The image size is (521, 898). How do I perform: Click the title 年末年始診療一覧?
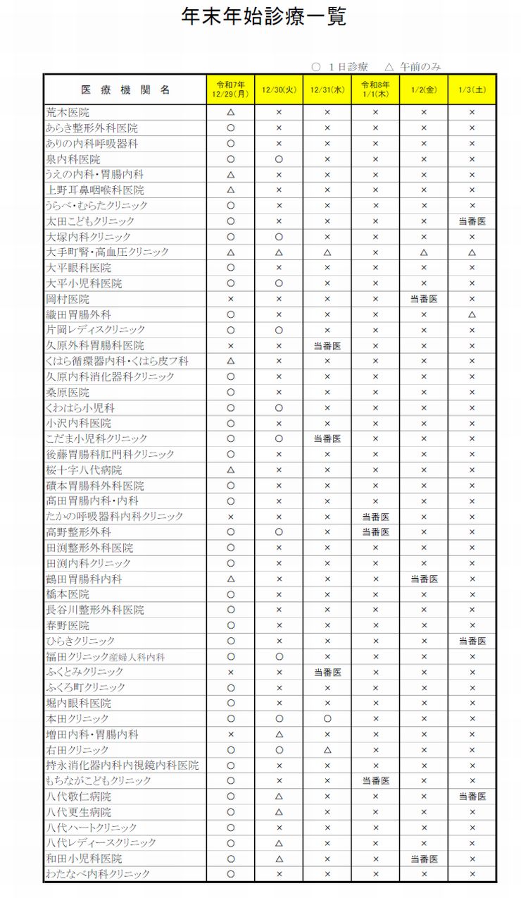(x=263, y=17)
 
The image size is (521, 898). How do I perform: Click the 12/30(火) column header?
(x=279, y=90)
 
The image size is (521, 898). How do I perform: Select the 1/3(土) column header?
(x=472, y=90)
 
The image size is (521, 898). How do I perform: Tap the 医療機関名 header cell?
(x=125, y=90)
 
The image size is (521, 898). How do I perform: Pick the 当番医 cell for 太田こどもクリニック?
(x=472, y=221)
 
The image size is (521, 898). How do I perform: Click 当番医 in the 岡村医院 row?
(x=424, y=299)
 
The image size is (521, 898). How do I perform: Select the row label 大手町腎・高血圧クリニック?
(x=108, y=252)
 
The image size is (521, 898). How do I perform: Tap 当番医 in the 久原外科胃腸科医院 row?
(x=327, y=345)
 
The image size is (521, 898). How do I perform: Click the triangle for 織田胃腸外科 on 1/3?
(x=472, y=314)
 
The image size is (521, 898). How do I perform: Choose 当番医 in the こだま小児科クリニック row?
(x=327, y=438)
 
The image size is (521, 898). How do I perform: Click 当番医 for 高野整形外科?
(x=375, y=532)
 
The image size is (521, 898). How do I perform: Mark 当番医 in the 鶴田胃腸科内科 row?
(x=424, y=579)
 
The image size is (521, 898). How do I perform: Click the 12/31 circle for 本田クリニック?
(x=327, y=719)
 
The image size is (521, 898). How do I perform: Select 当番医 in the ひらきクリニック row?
(x=472, y=641)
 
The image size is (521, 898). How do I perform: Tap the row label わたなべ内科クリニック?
(x=98, y=874)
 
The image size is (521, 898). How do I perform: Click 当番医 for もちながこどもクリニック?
(x=375, y=781)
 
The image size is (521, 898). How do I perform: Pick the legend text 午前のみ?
(x=421, y=67)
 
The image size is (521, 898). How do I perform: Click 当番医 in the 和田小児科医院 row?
(x=424, y=859)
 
